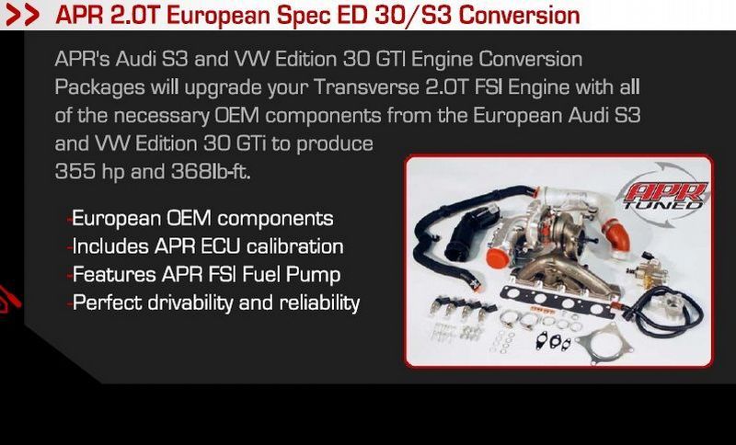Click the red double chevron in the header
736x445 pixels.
22,16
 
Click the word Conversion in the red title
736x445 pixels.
519,15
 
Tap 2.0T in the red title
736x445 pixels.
136,15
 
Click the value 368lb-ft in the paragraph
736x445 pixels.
211,172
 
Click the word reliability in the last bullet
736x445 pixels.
319,303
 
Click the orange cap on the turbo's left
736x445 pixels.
498,258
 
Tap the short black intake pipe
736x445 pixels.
470,232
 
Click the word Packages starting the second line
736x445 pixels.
99,87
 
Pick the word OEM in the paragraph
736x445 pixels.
236,115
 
